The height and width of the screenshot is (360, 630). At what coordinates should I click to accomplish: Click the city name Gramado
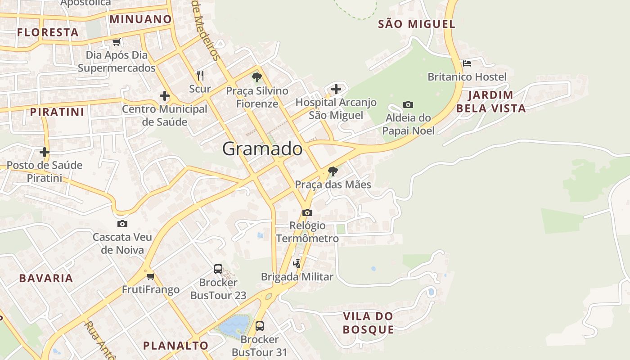click(262, 148)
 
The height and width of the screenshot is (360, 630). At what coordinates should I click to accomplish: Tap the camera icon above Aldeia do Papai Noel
click(408, 105)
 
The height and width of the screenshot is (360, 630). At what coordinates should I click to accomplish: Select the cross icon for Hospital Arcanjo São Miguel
click(336, 89)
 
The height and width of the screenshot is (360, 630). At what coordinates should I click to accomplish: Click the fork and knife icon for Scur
click(200, 75)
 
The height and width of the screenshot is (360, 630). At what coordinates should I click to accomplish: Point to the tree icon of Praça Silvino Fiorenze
click(257, 77)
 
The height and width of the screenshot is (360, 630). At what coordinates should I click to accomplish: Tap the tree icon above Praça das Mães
click(333, 171)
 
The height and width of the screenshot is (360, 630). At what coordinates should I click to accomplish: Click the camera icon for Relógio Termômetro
click(307, 212)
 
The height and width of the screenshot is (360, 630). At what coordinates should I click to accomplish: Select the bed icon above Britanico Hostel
click(467, 63)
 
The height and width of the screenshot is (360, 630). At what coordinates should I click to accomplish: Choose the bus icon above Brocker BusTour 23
click(218, 269)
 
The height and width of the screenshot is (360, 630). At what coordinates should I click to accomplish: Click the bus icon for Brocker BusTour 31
click(260, 326)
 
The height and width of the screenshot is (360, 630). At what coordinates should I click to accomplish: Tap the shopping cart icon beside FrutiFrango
click(150, 276)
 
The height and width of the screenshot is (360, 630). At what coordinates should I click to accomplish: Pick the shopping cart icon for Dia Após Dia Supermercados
click(117, 42)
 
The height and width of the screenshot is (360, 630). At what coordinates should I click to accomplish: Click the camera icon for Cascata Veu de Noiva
click(122, 224)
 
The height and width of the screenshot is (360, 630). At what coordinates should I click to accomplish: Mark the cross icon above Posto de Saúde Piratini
click(44, 152)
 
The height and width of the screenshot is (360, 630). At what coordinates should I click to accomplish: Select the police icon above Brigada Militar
click(297, 263)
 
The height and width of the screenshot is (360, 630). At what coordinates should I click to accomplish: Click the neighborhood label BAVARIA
click(46, 278)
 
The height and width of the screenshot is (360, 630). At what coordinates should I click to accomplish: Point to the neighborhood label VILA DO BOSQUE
click(368, 323)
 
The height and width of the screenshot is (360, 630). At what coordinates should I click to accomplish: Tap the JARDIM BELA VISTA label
click(490, 102)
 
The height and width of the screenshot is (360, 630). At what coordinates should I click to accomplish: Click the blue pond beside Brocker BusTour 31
click(233, 325)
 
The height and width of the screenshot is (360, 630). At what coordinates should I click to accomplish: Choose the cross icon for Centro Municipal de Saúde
click(165, 96)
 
